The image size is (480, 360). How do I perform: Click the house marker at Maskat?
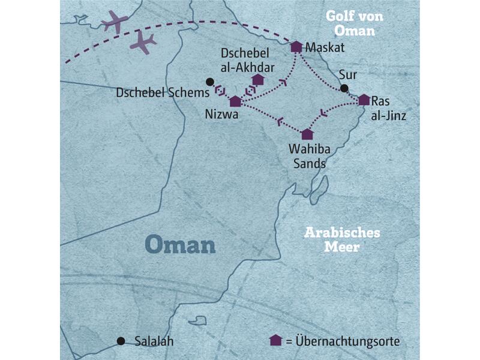pos(296,47)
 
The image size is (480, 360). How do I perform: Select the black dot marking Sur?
pos(344,89)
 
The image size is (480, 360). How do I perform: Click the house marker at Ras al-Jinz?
pos(364,100)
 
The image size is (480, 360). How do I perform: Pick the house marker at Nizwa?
pos(235,101)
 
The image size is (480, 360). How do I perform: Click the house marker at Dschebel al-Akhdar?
pos(258,80)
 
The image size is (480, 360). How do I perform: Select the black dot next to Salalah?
pos(121,341)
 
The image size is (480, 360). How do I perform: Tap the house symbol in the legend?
pos(276,340)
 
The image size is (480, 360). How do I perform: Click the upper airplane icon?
pos(115,22)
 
